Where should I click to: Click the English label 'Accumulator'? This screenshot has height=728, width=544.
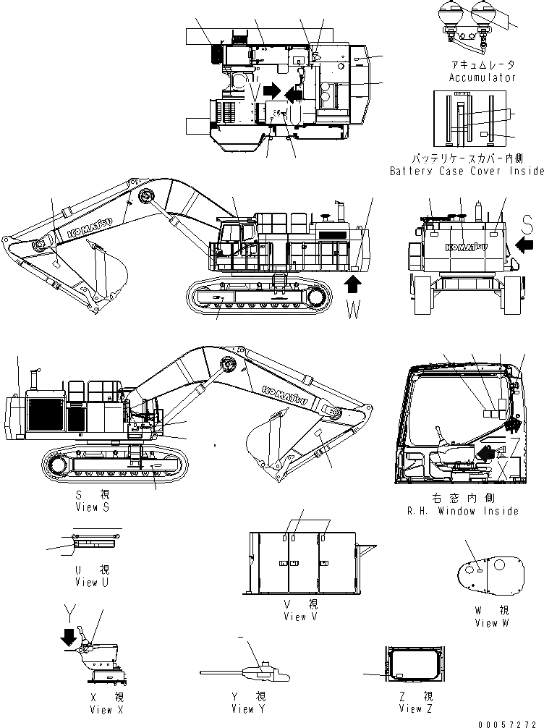[483, 77]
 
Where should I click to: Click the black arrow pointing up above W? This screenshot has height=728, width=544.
[354, 282]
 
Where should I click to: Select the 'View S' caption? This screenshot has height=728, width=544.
[92, 507]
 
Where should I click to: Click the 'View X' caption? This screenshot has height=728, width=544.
[101, 710]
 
